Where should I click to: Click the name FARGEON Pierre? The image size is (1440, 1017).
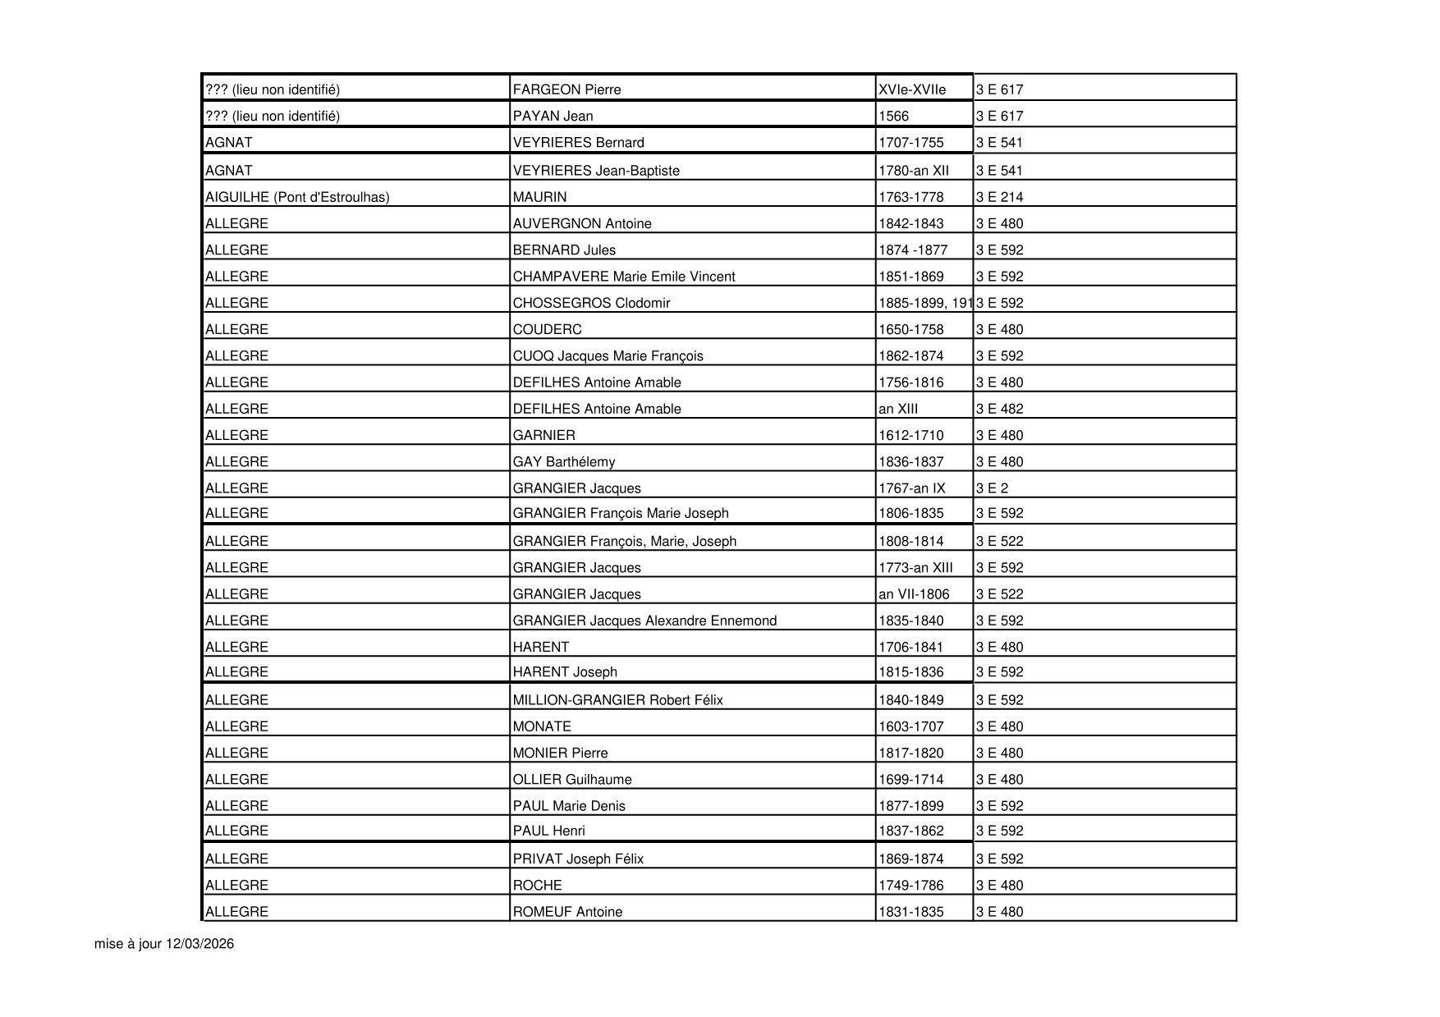point(566,89)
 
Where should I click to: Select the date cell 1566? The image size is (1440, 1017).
point(893,116)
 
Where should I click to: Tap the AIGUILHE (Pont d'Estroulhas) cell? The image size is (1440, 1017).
point(297,197)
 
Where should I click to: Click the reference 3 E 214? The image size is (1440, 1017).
point(999,197)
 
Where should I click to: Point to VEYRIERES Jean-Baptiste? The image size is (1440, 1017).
point(596,171)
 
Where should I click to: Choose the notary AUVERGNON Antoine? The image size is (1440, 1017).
point(582,223)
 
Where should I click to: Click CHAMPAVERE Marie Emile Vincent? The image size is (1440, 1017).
point(624,277)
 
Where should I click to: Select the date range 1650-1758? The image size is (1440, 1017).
point(910,329)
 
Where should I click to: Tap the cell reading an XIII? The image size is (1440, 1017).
point(898,409)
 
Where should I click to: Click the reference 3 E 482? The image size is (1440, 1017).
point(999,409)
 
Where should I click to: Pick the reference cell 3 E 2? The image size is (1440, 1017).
point(992,488)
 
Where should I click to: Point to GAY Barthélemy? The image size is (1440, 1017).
point(563,462)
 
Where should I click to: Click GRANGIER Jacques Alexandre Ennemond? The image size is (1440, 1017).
point(644,621)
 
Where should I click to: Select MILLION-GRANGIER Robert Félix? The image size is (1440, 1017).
point(617,700)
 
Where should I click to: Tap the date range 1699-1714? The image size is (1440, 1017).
point(910,780)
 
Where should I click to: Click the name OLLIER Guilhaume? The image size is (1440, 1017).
point(572,780)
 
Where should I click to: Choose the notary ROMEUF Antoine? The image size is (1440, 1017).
point(567,912)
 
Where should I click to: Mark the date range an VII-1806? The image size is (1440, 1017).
point(914,594)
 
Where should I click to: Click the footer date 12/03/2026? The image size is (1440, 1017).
point(199,944)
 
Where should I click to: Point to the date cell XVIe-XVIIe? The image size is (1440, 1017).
point(912,89)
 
